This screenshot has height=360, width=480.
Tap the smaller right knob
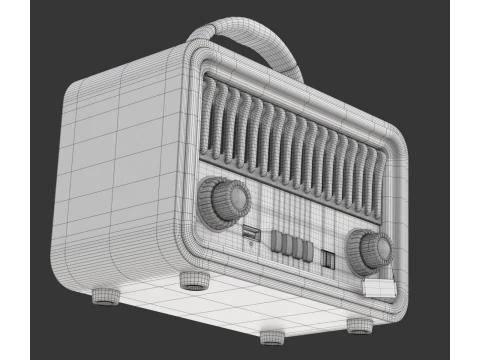click(369, 249)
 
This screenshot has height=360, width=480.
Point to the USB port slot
click(250, 234)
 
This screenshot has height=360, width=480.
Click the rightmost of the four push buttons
click(302, 249)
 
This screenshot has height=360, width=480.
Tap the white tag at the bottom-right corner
click(379, 288)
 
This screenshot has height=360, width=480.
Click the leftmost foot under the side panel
click(105, 296)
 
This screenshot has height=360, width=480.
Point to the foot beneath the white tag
click(359, 325)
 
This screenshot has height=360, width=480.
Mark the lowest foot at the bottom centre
click(273, 336)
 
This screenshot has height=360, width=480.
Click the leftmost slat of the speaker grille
click(212, 114)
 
